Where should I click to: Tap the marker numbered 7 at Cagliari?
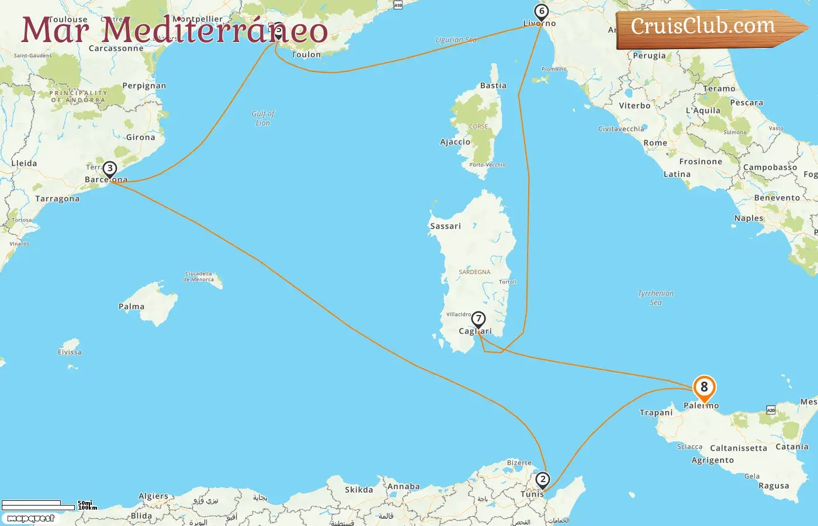tap(479, 320)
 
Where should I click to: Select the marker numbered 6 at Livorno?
tap(542, 12)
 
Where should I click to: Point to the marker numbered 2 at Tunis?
tap(543, 480)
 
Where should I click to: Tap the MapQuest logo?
tap(30, 518)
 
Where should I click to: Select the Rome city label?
tap(655, 143)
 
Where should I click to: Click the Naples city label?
tap(748, 219)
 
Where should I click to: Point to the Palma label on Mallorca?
tap(131, 307)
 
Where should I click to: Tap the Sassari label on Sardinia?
tap(445, 226)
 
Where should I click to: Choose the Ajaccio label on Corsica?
tap(455, 142)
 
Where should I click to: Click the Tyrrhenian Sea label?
tap(656, 298)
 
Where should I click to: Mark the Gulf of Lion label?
tap(263, 118)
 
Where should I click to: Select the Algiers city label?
tap(153, 496)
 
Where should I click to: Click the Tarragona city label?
tap(57, 199)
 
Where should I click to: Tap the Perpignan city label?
tap(144, 86)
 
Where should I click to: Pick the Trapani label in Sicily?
tap(656, 413)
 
